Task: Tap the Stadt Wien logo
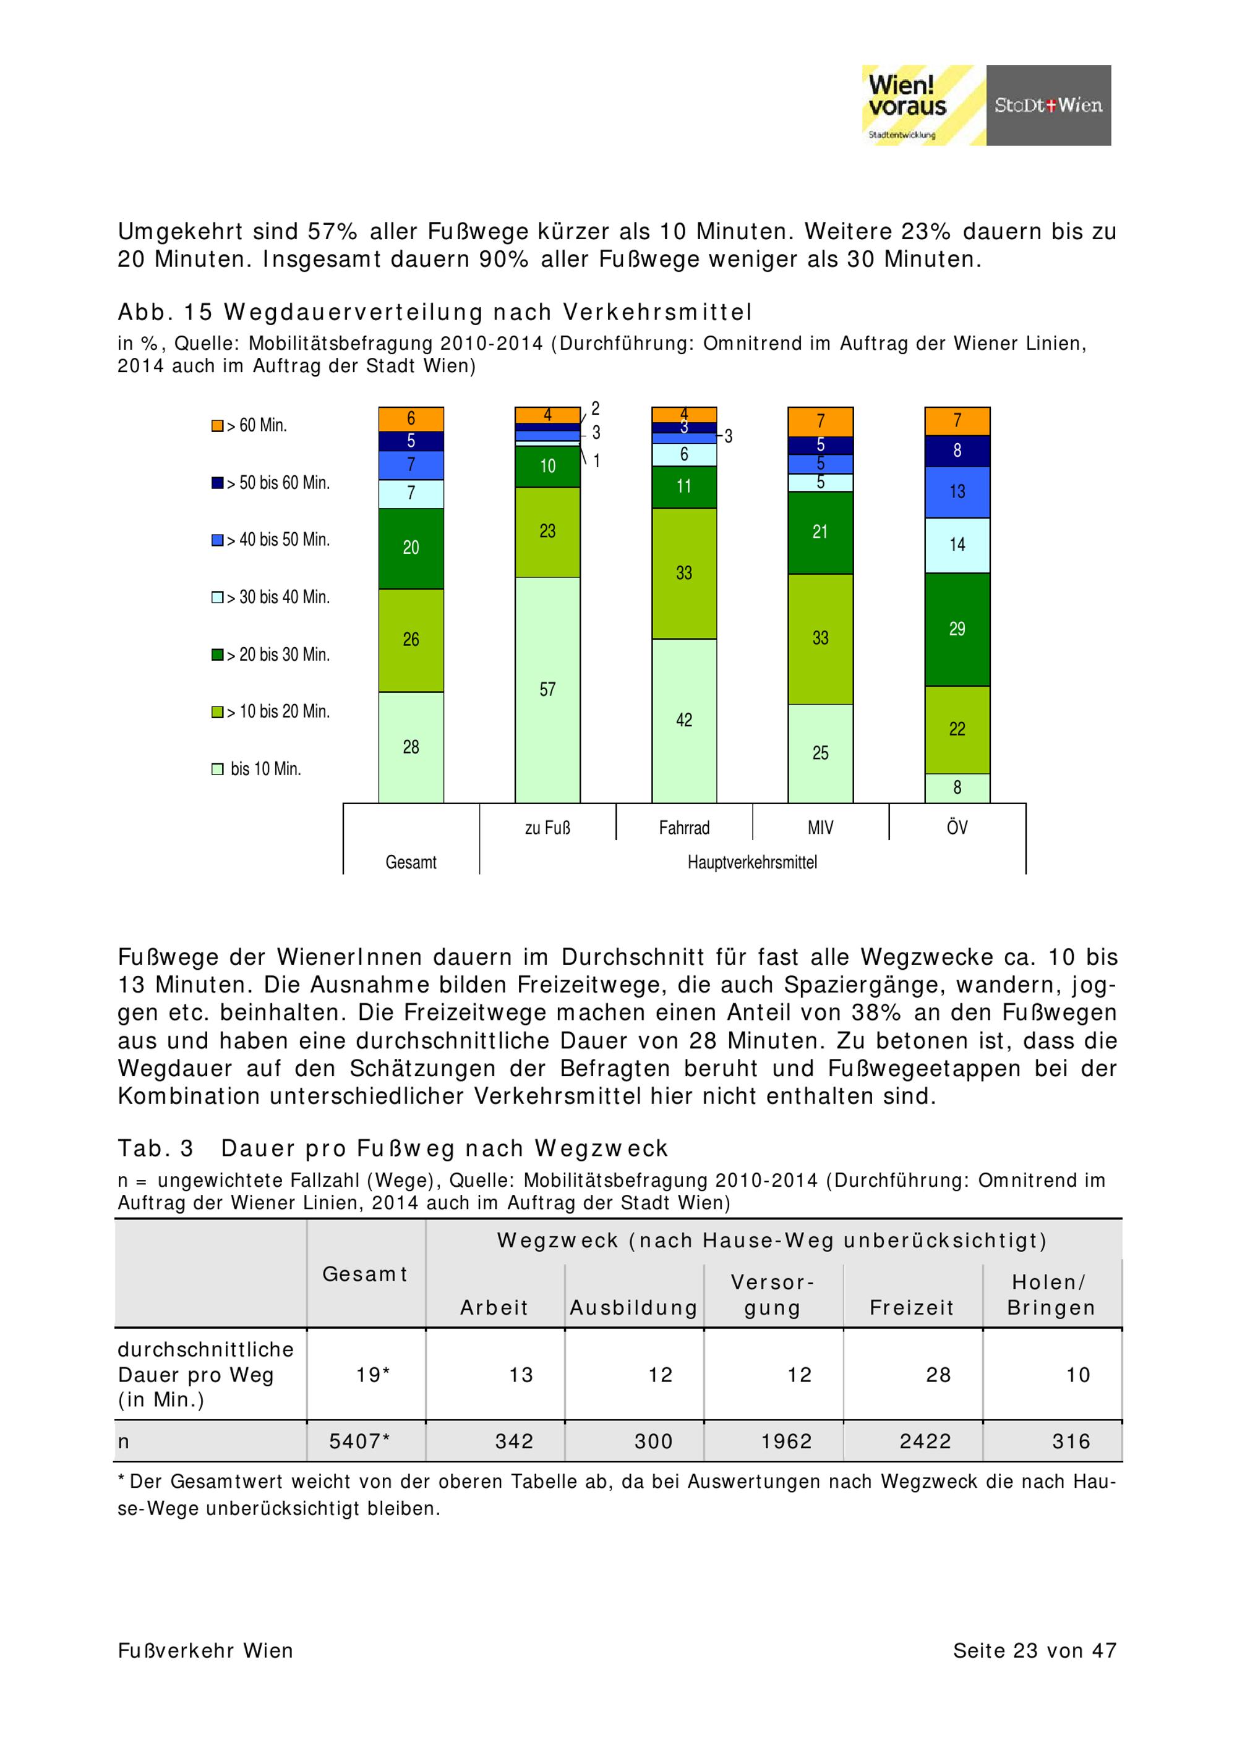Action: coord(1048,105)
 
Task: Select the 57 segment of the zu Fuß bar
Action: coord(547,689)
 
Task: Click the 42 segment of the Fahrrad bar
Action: coord(683,719)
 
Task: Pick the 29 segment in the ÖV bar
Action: coord(957,629)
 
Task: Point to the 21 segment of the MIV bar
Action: coord(820,532)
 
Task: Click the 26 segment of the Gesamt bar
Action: coord(411,640)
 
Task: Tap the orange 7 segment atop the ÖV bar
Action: coord(957,420)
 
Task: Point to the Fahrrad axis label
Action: coord(683,828)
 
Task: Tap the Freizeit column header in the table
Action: coord(911,1308)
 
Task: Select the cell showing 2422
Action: coord(925,1441)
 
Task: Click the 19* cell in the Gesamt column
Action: coord(372,1375)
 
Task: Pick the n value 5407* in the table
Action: coord(359,1441)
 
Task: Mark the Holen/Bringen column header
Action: coord(1051,1295)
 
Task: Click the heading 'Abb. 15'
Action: coord(165,312)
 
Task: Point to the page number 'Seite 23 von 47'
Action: coord(1034,1650)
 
